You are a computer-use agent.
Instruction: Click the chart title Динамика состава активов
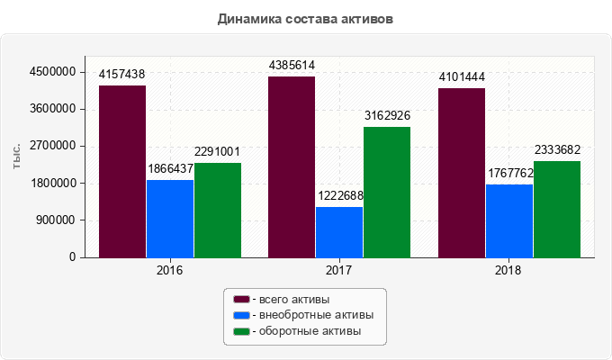(x=306, y=18)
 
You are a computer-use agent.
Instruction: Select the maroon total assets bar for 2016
(x=122, y=171)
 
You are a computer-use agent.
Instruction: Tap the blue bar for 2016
(x=170, y=219)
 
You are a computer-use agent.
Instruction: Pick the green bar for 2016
(x=218, y=210)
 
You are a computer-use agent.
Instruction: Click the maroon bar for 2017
(x=292, y=166)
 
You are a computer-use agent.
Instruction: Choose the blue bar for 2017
(x=339, y=232)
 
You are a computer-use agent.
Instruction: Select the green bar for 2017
(x=387, y=192)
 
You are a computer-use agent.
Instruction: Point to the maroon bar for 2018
(x=462, y=173)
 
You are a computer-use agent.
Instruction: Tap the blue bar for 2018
(x=509, y=220)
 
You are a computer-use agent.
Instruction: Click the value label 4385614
(x=292, y=66)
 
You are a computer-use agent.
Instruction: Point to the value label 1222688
(x=339, y=196)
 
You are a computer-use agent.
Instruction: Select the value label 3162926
(x=387, y=116)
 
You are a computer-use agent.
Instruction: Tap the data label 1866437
(x=170, y=169)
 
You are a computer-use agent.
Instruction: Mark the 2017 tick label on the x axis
(x=339, y=270)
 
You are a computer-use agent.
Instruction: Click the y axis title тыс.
(x=17, y=155)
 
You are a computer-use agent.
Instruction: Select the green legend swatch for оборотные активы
(x=241, y=332)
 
